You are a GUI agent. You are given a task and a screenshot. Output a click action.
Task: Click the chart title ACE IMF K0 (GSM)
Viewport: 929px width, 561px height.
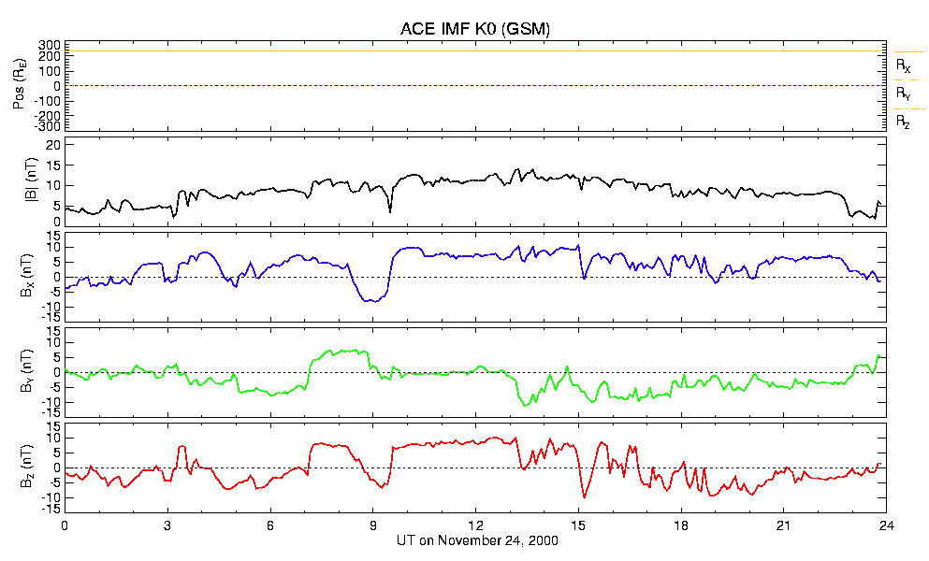click(x=475, y=28)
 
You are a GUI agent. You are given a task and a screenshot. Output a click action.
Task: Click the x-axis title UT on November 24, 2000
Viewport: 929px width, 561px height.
click(x=477, y=540)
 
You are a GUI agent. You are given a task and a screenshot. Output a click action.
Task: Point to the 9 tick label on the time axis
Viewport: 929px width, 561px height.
click(x=373, y=525)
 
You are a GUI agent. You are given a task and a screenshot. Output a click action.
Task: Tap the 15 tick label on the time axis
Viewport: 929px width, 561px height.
click(x=578, y=525)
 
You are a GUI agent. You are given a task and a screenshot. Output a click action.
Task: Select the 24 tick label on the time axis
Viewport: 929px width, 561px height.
click(x=886, y=525)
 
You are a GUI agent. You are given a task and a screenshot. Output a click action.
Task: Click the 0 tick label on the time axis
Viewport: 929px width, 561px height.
click(x=65, y=525)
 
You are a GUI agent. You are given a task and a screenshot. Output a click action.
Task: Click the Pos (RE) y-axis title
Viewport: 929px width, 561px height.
click(x=20, y=86)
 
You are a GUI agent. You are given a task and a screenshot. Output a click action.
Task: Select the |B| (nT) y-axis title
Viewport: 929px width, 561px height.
click(x=31, y=180)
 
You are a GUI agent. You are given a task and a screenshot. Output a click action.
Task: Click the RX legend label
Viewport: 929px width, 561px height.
click(x=903, y=65)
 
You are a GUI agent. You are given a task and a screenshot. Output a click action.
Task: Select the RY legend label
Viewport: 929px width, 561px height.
click(x=903, y=93)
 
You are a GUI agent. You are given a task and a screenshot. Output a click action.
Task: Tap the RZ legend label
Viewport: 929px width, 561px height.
click(x=903, y=122)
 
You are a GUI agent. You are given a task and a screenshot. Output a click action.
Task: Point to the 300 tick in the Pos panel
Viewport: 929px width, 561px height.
click(x=50, y=45)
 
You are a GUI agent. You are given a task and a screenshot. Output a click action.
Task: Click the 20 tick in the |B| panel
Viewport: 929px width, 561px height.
click(x=54, y=145)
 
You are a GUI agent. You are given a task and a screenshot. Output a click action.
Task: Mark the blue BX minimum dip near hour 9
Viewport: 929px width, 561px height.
click(x=372, y=301)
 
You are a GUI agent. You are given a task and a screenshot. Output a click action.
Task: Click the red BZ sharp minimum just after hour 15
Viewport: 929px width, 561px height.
click(x=584, y=496)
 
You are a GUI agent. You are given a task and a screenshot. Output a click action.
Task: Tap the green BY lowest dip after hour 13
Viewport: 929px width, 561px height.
click(x=525, y=405)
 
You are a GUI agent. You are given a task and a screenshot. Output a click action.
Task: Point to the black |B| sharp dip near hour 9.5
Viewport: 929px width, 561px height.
click(x=390, y=211)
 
